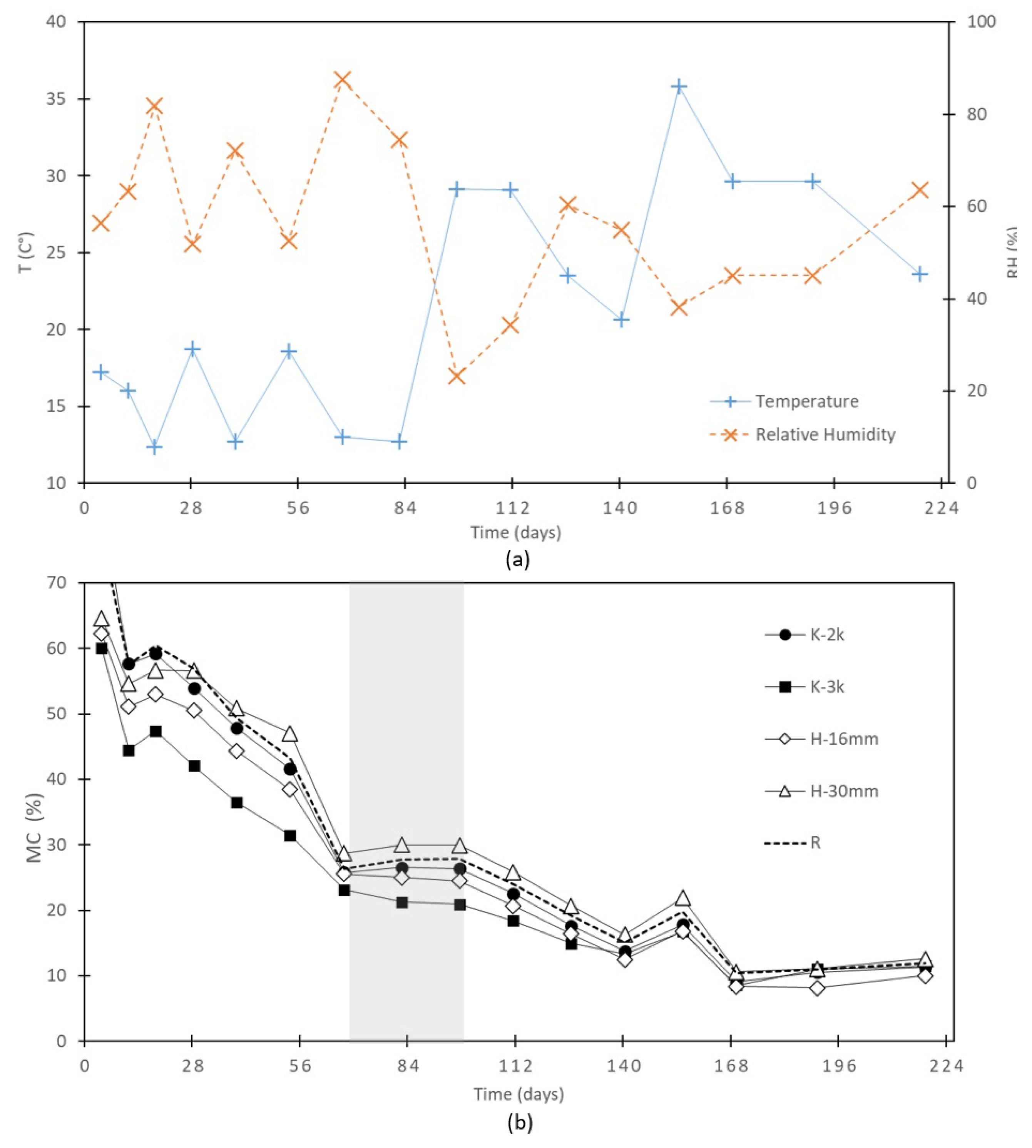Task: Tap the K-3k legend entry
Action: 827,687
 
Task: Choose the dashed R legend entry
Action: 815,843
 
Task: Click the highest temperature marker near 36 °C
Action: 679,87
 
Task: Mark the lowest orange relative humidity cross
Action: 457,376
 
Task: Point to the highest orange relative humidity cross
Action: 343,80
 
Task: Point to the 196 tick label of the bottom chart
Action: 838,1066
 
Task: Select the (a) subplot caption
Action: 517,560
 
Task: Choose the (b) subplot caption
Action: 519,1123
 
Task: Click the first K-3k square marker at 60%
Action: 102,648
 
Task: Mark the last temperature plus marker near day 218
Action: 920,274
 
